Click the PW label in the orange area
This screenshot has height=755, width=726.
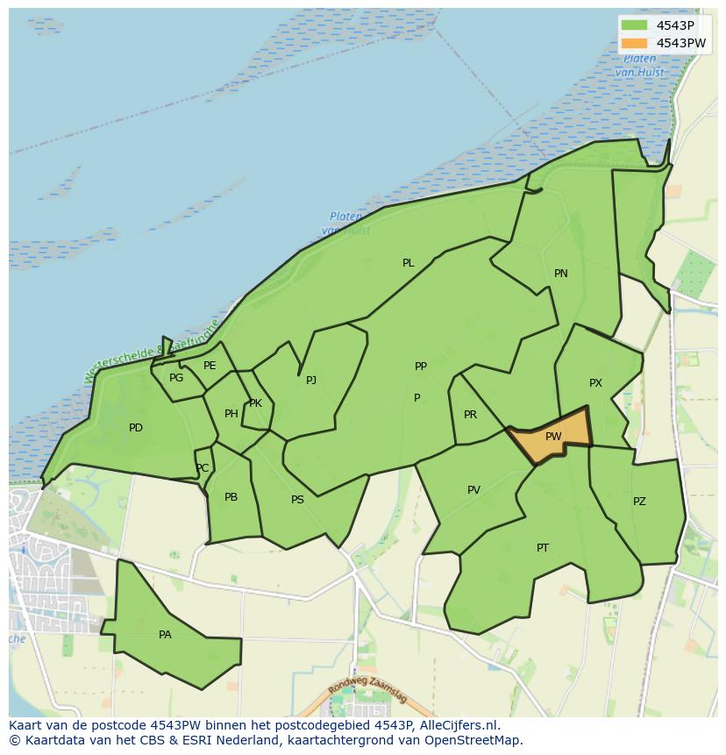(x=553, y=437)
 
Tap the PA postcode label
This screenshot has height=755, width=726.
(x=165, y=635)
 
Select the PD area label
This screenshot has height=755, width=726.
(x=136, y=428)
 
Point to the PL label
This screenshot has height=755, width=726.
(x=409, y=263)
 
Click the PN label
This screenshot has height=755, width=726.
(x=561, y=274)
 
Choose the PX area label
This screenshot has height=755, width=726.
(x=595, y=383)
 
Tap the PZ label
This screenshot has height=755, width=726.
(x=639, y=502)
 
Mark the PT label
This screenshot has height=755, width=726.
(x=543, y=548)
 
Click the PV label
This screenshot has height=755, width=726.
(x=473, y=490)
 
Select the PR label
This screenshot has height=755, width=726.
(x=470, y=415)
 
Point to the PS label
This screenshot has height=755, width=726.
(x=297, y=500)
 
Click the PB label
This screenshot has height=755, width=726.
(x=231, y=497)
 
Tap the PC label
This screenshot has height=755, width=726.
(x=203, y=468)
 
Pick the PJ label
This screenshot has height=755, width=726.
(x=311, y=381)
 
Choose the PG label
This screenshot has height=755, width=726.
(x=176, y=378)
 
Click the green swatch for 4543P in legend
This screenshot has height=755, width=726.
(x=634, y=25)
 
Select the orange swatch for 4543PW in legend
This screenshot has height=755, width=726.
(x=634, y=43)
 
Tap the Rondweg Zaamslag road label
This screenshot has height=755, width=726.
(x=367, y=694)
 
